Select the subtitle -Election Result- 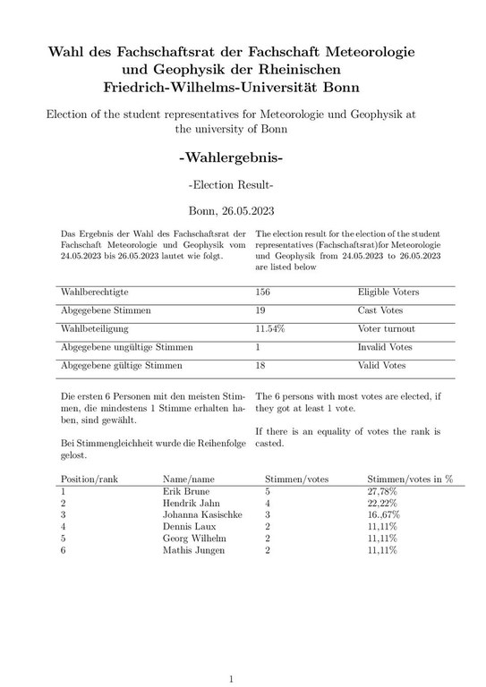pos(231,185)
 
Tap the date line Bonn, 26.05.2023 pos(231,212)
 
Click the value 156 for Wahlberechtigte pos(263,293)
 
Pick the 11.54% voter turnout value pos(270,329)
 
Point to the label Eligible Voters pos(388,293)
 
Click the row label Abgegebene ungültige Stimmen pos(126,347)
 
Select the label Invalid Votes pos(385,347)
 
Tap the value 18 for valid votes pos(261,366)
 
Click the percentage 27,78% pos(383,492)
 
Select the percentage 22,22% pos(383,504)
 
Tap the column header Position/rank pos(89,479)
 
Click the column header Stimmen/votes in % pos(410,479)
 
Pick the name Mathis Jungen pos(194,550)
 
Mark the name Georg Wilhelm pos(194,539)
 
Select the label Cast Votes pos(380,310)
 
